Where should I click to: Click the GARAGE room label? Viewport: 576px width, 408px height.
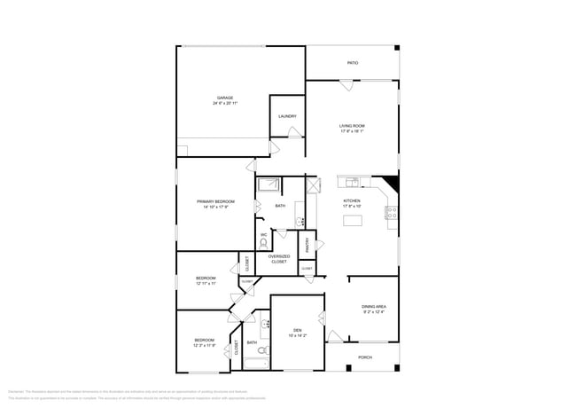[225, 98]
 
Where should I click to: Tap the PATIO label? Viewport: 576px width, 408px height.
[352, 63]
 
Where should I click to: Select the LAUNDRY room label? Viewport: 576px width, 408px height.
[286, 116]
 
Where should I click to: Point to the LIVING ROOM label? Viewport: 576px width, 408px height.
[352, 126]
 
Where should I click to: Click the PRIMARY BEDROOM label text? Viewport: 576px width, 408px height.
[215, 201]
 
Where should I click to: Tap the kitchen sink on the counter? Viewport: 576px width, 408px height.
[354, 183]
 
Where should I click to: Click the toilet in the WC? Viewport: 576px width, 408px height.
[263, 242]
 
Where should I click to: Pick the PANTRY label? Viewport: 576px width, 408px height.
[307, 244]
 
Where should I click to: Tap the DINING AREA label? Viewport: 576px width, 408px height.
[373, 306]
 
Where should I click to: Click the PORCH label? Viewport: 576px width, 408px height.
[364, 357]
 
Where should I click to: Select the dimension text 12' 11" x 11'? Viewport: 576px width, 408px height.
[206, 284]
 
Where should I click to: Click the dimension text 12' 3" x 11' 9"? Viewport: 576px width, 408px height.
[205, 346]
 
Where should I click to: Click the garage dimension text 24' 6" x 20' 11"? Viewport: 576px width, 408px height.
[225, 104]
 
